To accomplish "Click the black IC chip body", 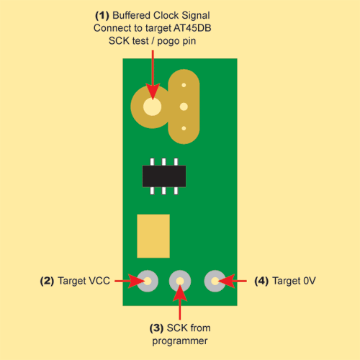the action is pos(164,176).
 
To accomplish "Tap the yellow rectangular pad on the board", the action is pos(153,236).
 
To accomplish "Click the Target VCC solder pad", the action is pos(148,281).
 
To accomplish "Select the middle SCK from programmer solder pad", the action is pos(180,281).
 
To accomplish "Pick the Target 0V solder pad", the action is pos(215,281).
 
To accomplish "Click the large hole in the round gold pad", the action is pos(152,107).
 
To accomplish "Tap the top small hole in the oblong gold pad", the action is pos(184,85).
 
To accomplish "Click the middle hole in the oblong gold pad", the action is pos(184,107).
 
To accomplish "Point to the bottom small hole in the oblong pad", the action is pos(184,128).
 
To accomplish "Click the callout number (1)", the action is pos(102,16).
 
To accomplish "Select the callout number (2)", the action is pos(47,281).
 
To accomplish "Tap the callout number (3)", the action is pos(156,328).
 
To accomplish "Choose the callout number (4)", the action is pos(261,281).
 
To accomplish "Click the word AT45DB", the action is pos(192,28).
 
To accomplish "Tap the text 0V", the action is pos(310,281).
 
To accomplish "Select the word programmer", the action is pos(180,341).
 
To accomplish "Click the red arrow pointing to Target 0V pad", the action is pos(232,281).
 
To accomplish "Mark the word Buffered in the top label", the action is pos(132,15).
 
